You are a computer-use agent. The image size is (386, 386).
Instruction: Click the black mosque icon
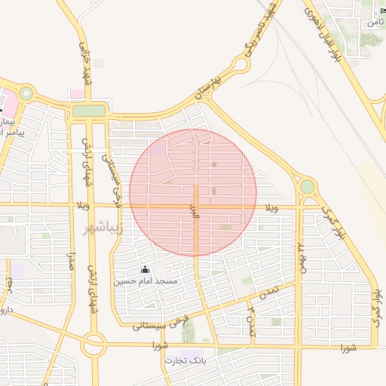coord(146,270)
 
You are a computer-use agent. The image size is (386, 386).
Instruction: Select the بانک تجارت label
coord(185,360)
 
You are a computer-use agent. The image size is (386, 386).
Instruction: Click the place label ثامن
coord(374,23)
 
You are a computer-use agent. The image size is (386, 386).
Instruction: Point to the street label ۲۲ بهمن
coord(300,256)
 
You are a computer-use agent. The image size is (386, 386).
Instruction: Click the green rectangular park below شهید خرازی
coord(89,112)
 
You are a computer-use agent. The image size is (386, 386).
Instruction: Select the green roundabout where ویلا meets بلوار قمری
coord(307,186)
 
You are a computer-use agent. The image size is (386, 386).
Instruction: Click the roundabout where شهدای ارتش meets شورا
coord(94,345)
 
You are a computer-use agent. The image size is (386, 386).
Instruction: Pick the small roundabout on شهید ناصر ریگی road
coord(240,65)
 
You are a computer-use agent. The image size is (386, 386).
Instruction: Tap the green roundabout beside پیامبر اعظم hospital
coord(26,94)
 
